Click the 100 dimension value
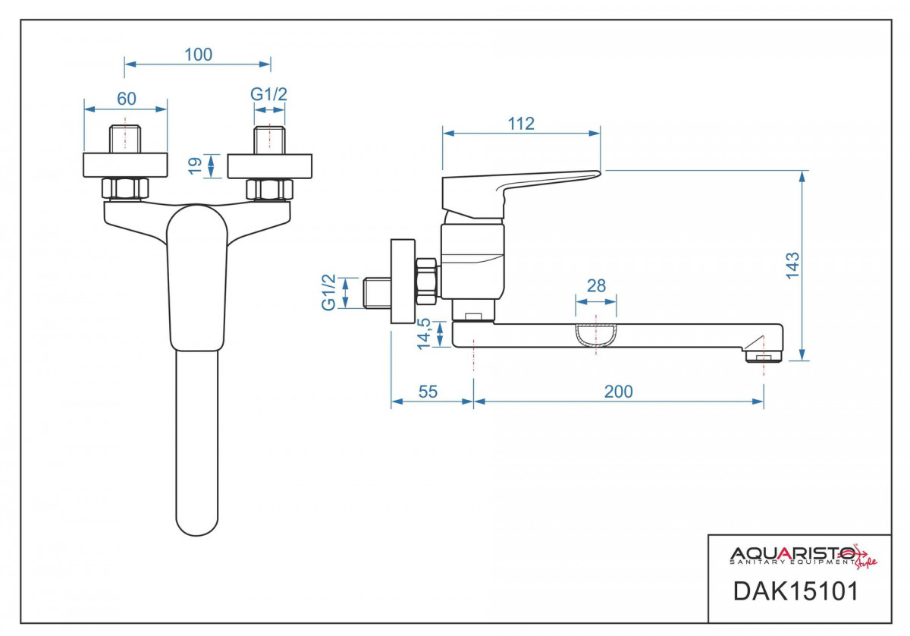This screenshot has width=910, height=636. (x=198, y=55)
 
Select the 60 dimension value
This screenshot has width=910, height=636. (x=126, y=99)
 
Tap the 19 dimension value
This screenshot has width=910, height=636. (x=194, y=165)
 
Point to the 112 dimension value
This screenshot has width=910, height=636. (x=521, y=124)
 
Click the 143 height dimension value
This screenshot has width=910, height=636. (x=792, y=266)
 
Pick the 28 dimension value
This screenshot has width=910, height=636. (x=597, y=286)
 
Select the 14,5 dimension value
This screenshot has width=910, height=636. (x=424, y=333)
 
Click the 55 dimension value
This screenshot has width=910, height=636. (x=428, y=392)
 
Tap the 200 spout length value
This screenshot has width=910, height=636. (x=618, y=392)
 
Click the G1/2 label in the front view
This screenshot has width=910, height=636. (x=269, y=94)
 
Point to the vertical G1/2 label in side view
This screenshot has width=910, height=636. (x=329, y=292)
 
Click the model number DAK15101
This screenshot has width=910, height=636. (x=795, y=591)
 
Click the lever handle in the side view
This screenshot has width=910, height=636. (x=523, y=187)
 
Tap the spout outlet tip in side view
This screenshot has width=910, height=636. (x=763, y=355)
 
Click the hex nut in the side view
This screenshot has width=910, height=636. (x=427, y=279)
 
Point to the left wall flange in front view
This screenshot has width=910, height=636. (x=125, y=165)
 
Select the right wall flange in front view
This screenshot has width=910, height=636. (x=270, y=165)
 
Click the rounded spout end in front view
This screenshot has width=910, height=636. (x=197, y=524)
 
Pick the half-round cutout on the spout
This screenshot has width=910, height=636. (x=596, y=335)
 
